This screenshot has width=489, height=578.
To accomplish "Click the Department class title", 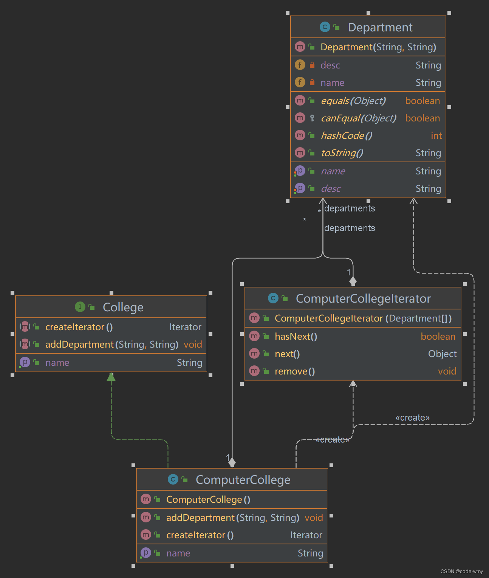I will coord(380,27).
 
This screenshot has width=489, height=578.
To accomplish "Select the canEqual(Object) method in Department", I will coord(358,118).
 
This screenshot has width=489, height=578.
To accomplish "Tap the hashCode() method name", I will coord(346,136).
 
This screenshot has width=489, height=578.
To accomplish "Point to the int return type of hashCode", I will coord(436,136).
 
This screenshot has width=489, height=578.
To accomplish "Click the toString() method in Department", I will coord(342,153).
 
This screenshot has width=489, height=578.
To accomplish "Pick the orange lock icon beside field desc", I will coord(312,65).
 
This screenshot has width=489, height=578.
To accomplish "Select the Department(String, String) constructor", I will coord(378,47).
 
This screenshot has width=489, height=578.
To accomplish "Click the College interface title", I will coord(123,307).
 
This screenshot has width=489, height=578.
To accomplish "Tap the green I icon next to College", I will coord(80,307).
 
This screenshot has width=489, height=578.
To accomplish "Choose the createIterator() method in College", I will coord(79,327).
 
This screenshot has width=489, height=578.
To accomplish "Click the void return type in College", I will coord(193,345).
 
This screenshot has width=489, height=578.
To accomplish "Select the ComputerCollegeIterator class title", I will coord(363,298).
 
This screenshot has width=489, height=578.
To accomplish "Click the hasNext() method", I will coord(296,337).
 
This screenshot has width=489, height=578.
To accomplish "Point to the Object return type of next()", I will coord(442,354).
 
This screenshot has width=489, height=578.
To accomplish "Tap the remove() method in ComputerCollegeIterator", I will coord(294,371).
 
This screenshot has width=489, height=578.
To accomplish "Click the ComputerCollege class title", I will coord(243,480).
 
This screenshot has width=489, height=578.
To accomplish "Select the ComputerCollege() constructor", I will coord(208,500).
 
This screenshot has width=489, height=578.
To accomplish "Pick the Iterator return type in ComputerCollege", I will coord(306,535).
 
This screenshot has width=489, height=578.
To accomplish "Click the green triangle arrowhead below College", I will coord(111,377).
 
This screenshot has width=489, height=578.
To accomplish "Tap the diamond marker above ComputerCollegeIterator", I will coord(353,281).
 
